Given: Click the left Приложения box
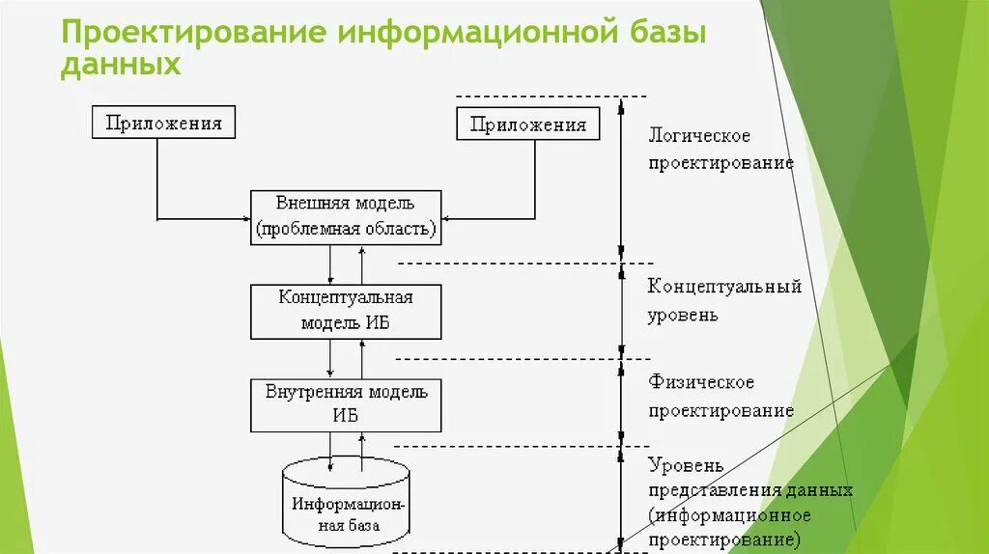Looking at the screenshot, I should pyautogui.click(x=163, y=123).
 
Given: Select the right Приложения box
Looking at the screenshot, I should pyautogui.click(x=527, y=124).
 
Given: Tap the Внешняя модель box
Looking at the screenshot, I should pyautogui.click(x=346, y=216).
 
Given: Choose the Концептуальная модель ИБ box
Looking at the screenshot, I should pyautogui.click(x=346, y=310).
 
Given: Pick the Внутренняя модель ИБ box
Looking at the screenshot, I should pyautogui.click(x=346, y=404).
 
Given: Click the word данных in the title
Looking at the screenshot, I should pyautogui.click(x=121, y=64).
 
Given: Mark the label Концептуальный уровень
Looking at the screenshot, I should pyautogui.click(x=724, y=300).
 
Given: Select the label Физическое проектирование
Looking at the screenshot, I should pyautogui.click(x=720, y=397).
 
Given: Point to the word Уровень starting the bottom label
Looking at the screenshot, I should pyautogui.click(x=686, y=465).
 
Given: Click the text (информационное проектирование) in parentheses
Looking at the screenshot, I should pyautogui.click(x=729, y=527).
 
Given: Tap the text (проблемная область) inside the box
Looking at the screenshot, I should pyautogui.click(x=346, y=230).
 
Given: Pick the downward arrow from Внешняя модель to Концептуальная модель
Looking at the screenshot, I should pyautogui.click(x=330, y=263).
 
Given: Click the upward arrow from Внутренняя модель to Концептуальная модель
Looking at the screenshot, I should pyautogui.click(x=362, y=359).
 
